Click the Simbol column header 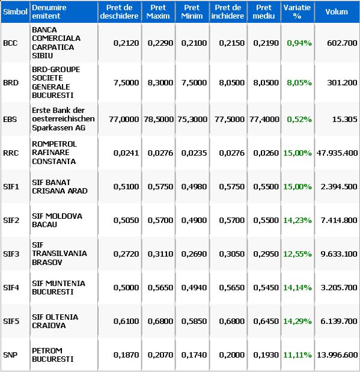15,11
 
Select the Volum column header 337,11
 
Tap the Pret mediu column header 264,11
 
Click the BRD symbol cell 11,82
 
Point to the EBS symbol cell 10,119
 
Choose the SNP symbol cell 10,355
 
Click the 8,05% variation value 299,82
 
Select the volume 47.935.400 337,153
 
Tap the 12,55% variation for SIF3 297,254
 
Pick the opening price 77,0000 124,119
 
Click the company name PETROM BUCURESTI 53,355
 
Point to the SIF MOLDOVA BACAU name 57,220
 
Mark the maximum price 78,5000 159,119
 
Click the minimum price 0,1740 194,355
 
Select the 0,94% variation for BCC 299,43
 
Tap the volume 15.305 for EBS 344,119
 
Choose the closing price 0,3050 231,254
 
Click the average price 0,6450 266,322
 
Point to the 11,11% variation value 297,355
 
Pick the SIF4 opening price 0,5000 126,287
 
